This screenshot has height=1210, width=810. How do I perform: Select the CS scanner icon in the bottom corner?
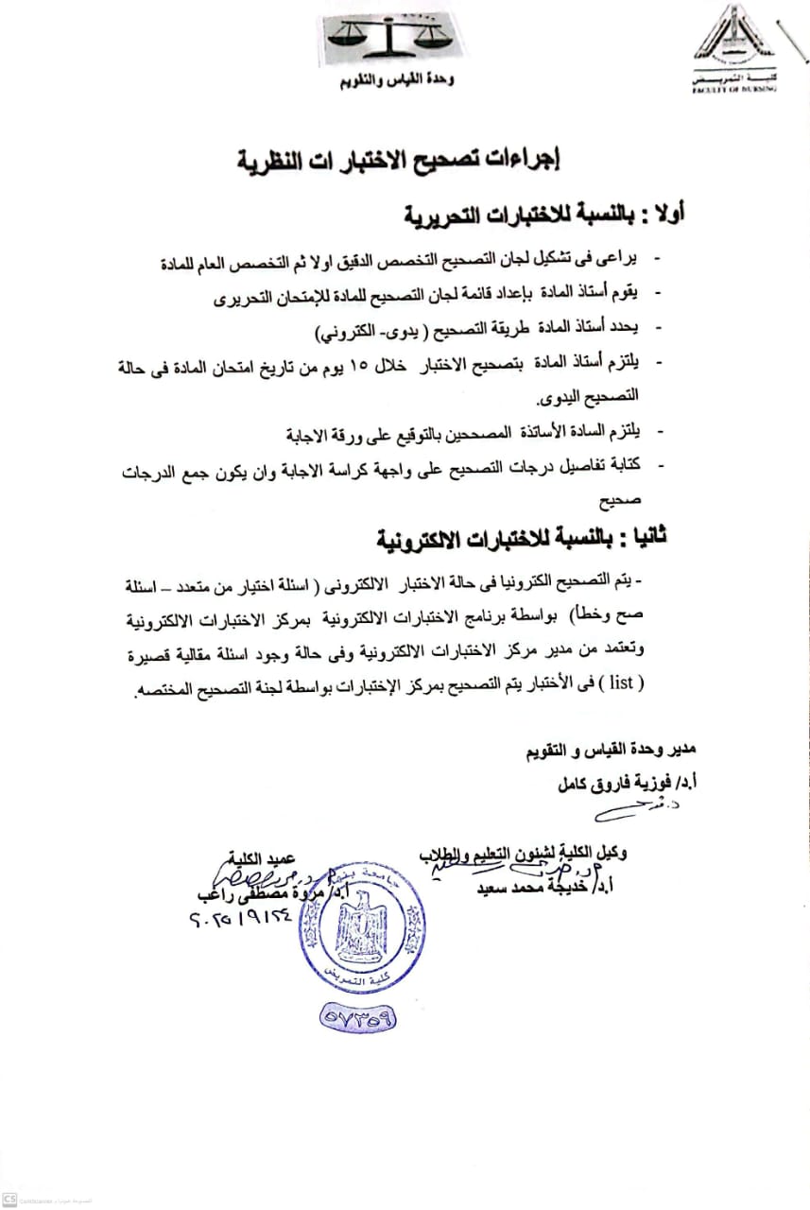point(9,1200)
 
